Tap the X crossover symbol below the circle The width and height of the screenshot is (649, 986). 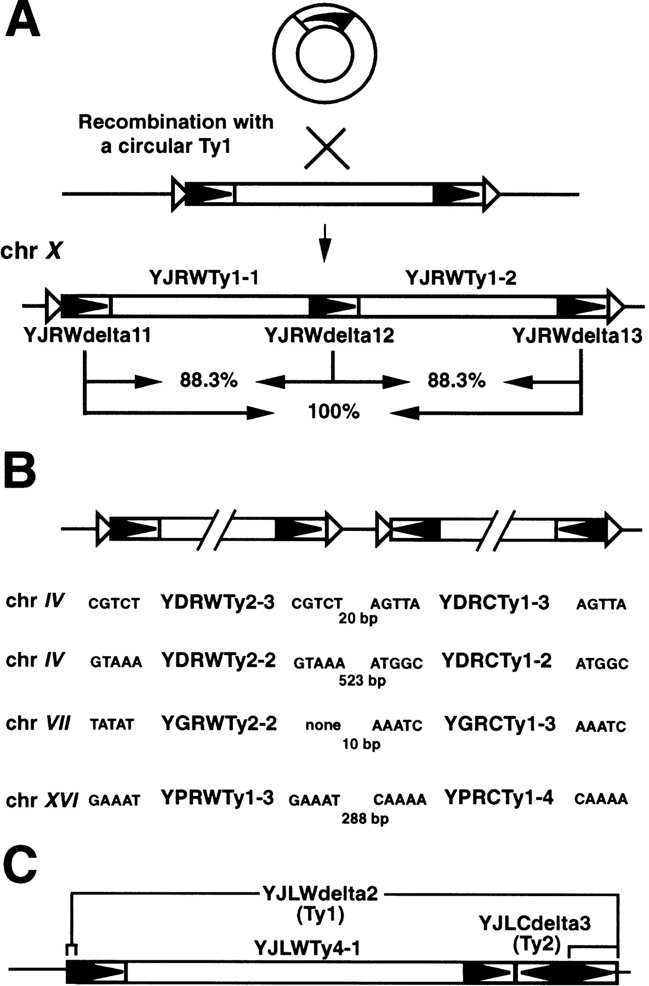326,148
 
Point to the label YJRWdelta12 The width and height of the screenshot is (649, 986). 329,335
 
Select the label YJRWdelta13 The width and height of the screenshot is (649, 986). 577,335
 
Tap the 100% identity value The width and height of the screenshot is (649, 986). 333,411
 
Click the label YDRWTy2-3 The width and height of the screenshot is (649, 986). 218,603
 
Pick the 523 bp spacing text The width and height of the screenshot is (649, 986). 362,680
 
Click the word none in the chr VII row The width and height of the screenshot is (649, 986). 323,725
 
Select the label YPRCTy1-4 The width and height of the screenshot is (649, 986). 499,798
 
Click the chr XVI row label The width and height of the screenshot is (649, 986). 42,800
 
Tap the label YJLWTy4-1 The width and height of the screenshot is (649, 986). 306,947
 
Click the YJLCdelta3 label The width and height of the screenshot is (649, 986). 534,924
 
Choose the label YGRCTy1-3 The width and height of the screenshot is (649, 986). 500,724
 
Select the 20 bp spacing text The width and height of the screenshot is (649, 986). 358,619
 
